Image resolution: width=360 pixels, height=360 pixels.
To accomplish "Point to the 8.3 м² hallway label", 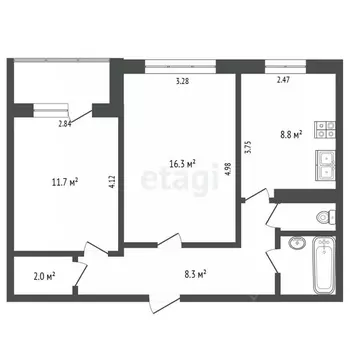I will (194, 272).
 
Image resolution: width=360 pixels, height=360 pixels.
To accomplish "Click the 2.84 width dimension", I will (65, 124).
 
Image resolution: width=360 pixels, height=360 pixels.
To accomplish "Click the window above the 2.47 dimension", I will (290, 67).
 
